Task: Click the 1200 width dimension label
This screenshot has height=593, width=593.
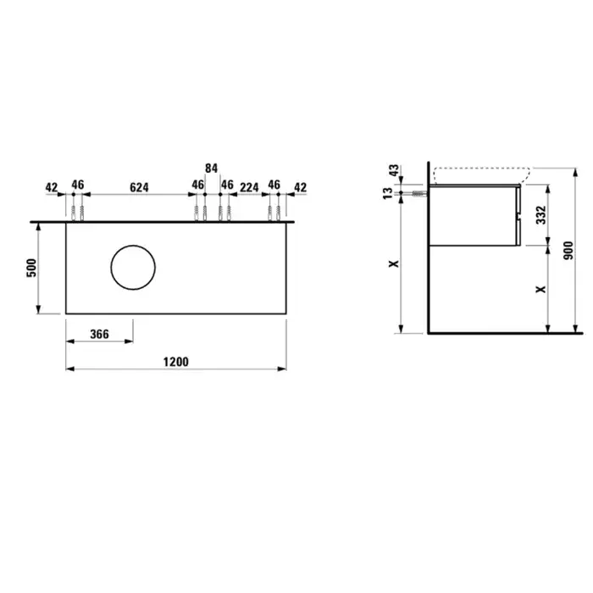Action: (176, 362)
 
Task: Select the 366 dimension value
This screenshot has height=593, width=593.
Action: (99, 335)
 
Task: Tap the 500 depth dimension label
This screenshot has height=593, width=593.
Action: (32, 268)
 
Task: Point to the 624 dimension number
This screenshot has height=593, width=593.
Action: (139, 187)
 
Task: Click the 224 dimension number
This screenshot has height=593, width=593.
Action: (249, 187)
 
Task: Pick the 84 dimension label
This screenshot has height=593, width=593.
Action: (212, 168)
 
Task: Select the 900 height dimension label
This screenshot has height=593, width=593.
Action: (568, 251)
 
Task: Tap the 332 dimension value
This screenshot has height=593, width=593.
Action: (541, 215)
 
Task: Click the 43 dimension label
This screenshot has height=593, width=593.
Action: (394, 170)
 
